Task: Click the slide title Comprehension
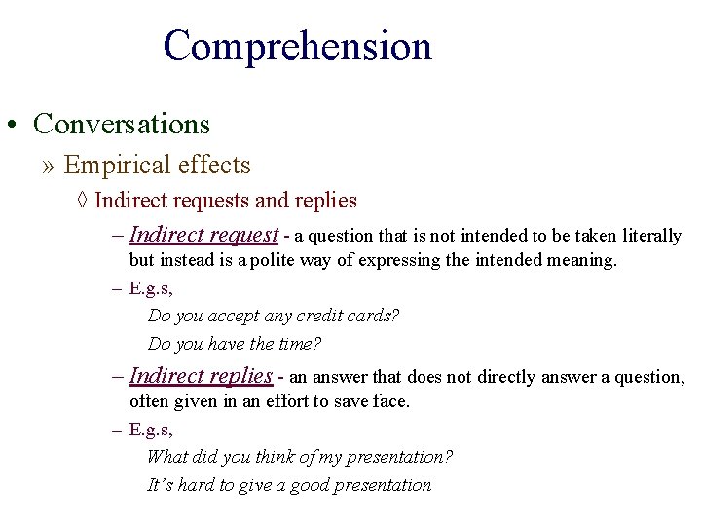click(297, 47)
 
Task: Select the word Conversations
click(122, 125)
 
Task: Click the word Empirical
click(106, 166)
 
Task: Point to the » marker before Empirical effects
click(49, 166)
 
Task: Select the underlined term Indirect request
click(203, 235)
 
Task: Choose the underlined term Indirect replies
click(201, 376)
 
